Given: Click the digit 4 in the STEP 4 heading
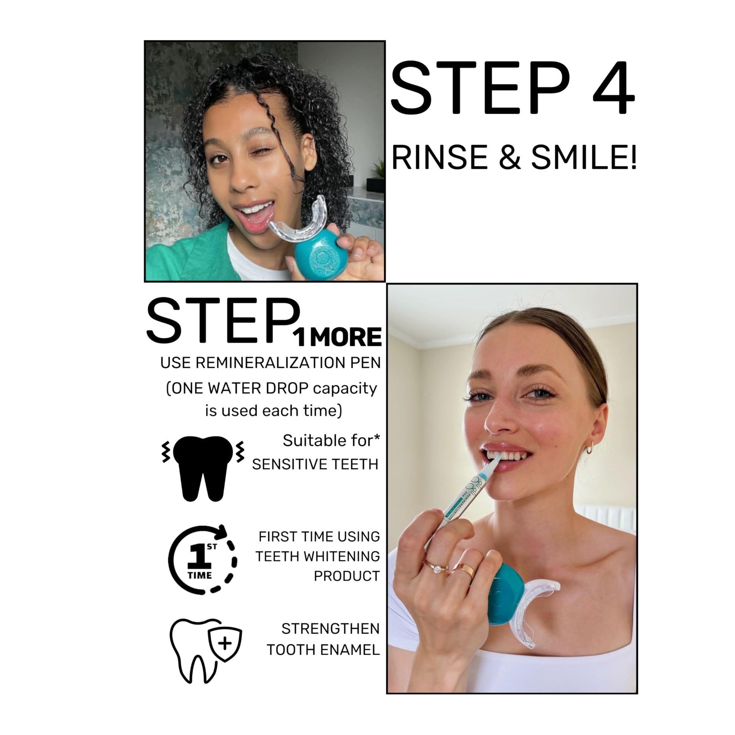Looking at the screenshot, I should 613,88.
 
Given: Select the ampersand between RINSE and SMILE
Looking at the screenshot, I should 510,157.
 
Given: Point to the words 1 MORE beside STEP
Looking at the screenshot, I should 337,337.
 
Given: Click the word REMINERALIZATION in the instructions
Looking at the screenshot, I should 271,363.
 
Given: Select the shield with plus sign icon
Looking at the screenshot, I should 225,643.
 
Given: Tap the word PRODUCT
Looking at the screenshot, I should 347,576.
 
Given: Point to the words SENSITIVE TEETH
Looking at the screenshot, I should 315,464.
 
